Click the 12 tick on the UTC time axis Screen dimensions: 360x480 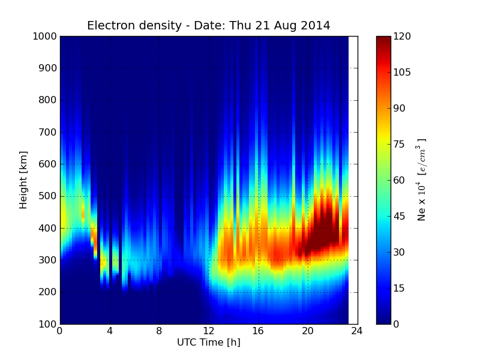pyautogui.click(x=209, y=331)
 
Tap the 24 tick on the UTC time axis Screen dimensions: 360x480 pyautogui.click(x=358, y=331)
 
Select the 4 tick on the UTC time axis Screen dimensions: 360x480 pyautogui.click(x=110, y=331)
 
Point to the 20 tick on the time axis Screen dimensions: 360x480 pyautogui.click(x=308, y=331)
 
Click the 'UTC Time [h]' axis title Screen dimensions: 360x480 pyautogui.click(x=208, y=343)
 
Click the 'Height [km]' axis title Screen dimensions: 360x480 pyautogui.click(x=24, y=180)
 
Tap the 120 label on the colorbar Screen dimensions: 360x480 pyautogui.click(x=401, y=37)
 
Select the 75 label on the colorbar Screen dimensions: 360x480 pyautogui.click(x=399, y=144)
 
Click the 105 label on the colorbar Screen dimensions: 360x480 pyautogui.click(x=401, y=73)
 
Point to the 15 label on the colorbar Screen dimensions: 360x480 pyautogui.click(x=399, y=288)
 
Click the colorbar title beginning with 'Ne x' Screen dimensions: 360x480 pyautogui.click(x=422, y=180)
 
